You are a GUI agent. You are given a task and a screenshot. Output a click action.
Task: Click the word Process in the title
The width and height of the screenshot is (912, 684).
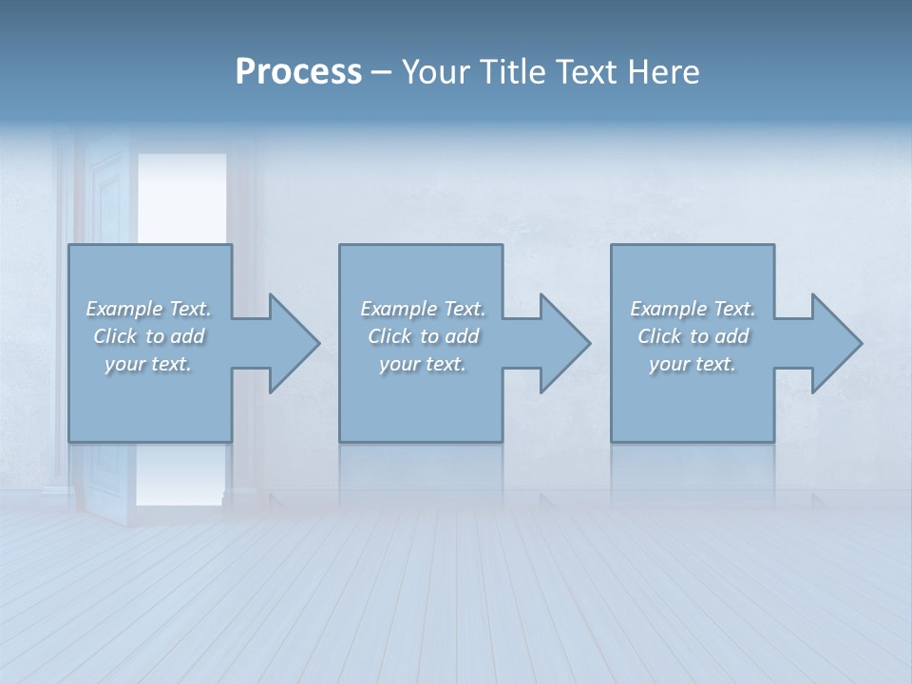pyautogui.click(x=298, y=72)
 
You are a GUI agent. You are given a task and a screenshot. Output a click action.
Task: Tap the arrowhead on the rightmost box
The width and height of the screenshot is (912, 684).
pyautogui.click(x=849, y=343)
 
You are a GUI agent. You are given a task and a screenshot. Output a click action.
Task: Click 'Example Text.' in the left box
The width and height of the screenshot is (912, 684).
pyautogui.click(x=149, y=309)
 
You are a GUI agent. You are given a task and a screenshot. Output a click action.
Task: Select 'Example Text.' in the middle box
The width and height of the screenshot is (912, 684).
pyautogui.click(x=423, y=309)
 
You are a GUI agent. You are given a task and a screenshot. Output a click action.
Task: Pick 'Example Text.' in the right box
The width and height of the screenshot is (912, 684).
pyautogui.click(x=693, y=309)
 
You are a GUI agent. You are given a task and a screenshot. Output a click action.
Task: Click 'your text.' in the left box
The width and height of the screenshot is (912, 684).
pyautogui.click(x=148, y=364)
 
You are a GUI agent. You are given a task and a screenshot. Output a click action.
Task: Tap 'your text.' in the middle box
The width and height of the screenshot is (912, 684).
pyautogui.click(x=423, y=364)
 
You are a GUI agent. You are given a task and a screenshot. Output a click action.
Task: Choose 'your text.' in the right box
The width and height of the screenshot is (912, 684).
pyautogui.click(x=693, y=364)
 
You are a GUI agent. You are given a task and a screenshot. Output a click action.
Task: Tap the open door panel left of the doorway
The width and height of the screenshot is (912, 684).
pyautogui.click(x=109, y=190)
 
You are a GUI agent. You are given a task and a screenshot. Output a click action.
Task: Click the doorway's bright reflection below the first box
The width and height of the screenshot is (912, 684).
pyautogui.click(x=181, y=475)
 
